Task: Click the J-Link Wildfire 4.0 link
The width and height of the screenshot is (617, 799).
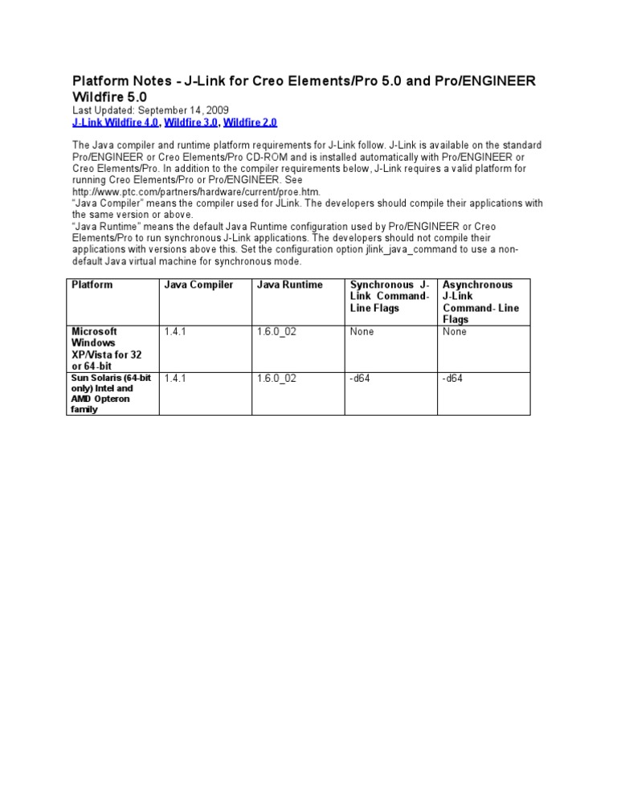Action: point(116,122)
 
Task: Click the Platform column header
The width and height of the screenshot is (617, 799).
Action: point(92,285)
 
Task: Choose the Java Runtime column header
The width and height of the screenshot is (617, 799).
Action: point(289,285)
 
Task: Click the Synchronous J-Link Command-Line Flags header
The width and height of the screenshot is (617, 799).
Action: point(390,296)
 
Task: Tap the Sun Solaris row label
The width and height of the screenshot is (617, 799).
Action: point(103,393)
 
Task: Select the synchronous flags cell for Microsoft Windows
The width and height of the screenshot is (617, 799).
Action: point(362,331)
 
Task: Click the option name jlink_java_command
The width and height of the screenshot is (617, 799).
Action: point(435,249)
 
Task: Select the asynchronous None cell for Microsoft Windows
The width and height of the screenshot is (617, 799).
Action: point(454,331)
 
